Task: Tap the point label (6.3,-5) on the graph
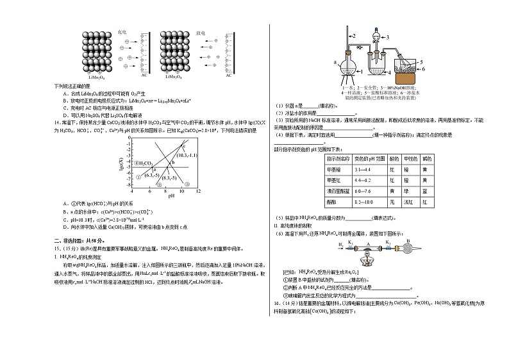(153, 174)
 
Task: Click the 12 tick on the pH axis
(197, 192)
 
